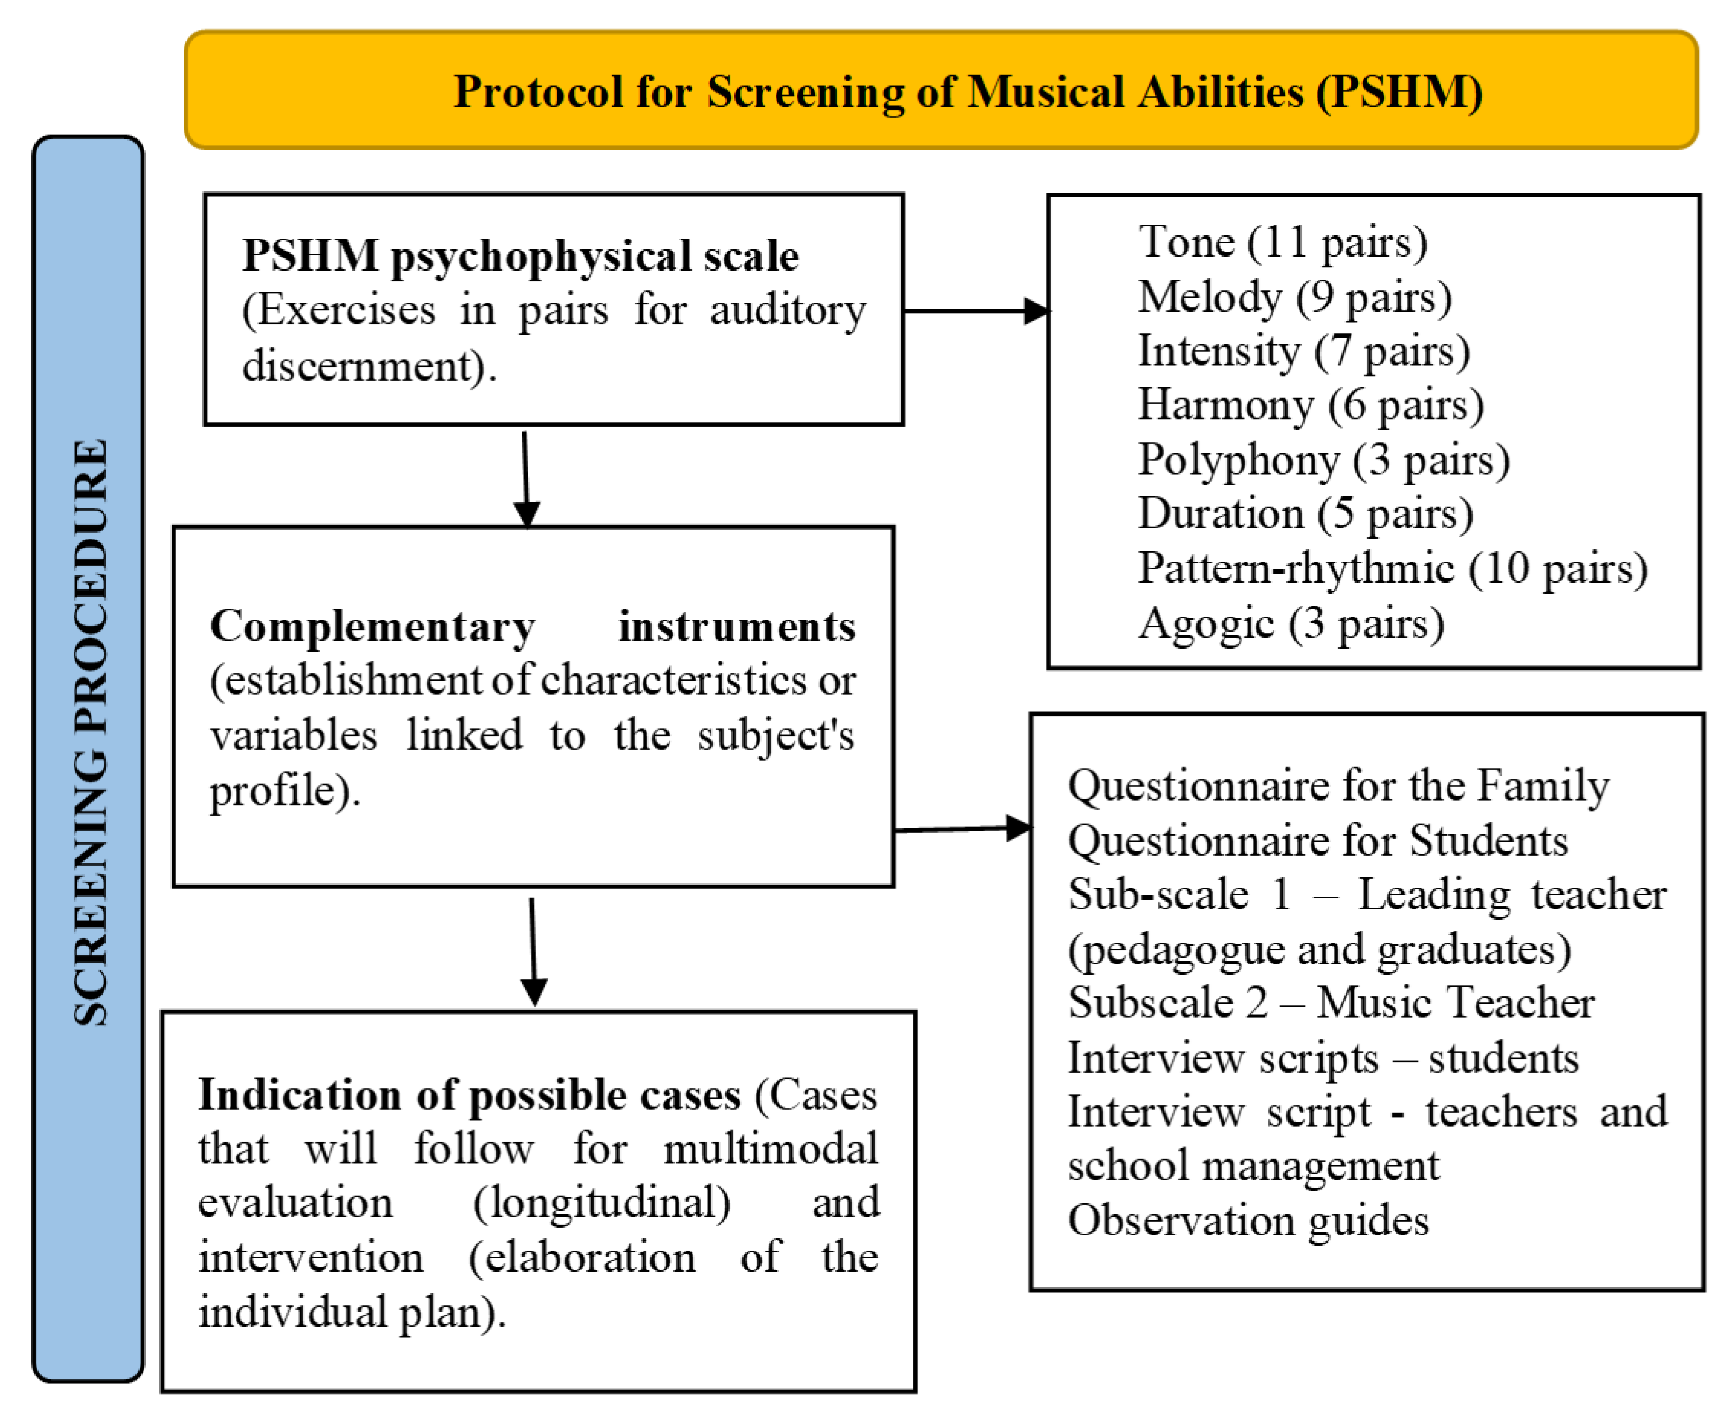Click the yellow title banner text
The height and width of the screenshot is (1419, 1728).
[967, 92]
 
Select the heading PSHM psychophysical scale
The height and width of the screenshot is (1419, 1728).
[520, 256]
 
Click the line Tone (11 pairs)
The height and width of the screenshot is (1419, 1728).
[1282, 242]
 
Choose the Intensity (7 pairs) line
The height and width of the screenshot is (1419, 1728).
[1303, 351]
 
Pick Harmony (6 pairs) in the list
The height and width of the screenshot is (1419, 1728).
[1309, 405]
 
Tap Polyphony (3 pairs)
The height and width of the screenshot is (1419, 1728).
[1323, 460]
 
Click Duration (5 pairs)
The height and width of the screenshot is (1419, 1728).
[1305, 513]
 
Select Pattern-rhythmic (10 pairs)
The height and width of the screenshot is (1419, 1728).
[1391, 568]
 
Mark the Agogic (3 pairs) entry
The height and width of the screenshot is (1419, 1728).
[1291, 623]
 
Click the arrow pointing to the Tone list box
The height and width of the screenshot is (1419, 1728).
[976, 310]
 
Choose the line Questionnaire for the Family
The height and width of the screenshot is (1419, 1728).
[1337, 786]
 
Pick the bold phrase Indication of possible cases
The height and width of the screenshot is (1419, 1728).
[469, 1095]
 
